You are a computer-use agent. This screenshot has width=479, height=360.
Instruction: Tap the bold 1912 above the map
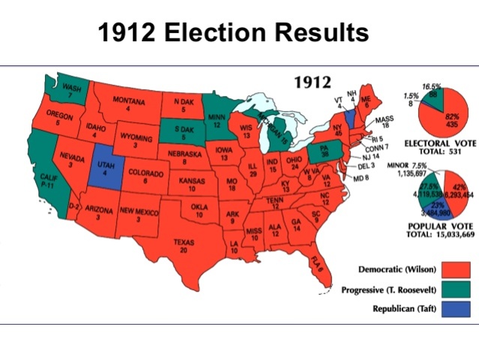(x=313, y=81)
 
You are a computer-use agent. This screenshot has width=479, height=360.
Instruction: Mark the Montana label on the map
(x=129, y=104)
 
